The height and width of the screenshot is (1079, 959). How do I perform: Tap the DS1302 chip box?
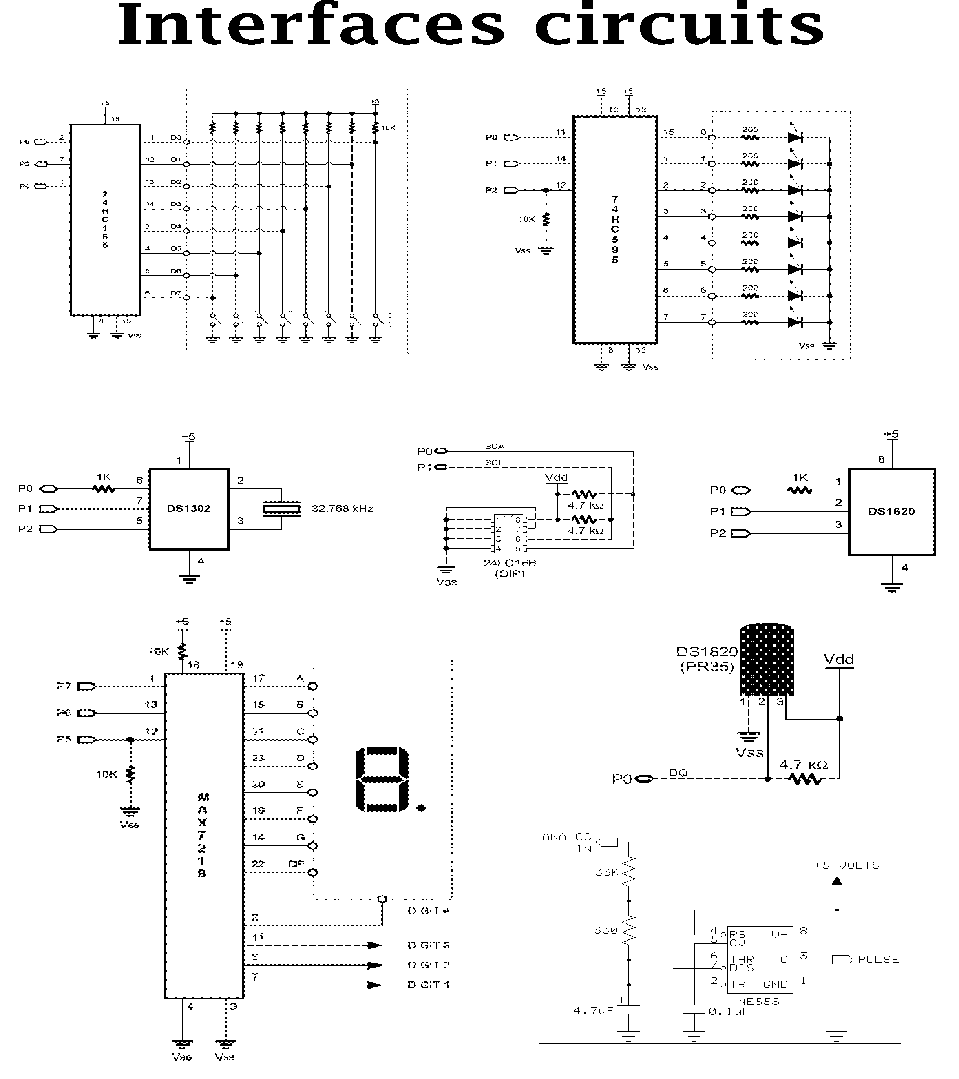coord(189,509)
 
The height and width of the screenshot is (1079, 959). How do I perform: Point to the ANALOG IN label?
coord(567,843)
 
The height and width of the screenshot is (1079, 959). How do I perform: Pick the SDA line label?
coord(495,447)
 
